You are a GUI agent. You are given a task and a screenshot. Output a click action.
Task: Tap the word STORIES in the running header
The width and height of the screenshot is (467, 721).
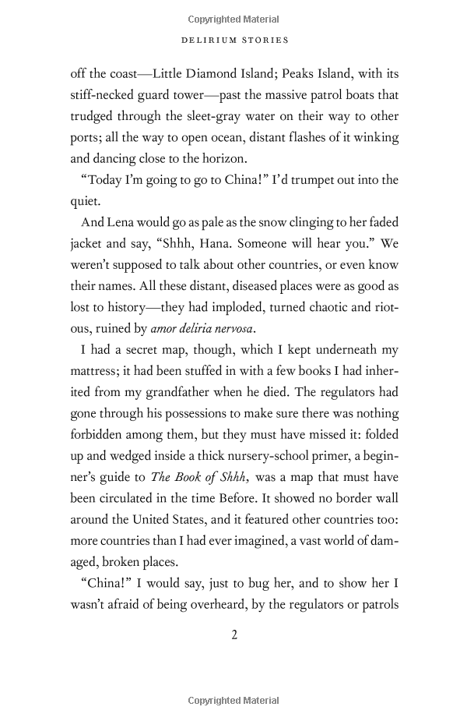pyautogui.click(x=264, y=40)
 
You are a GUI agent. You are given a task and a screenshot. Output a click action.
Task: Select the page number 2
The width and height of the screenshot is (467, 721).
pyautogui.click(x=233, y=634)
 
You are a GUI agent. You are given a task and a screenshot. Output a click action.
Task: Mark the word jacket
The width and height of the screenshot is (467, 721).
pyautogui.click(x=89, y=242)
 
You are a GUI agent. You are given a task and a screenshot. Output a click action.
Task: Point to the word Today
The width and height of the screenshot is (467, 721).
pyautogui.click(x=102, y=179)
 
